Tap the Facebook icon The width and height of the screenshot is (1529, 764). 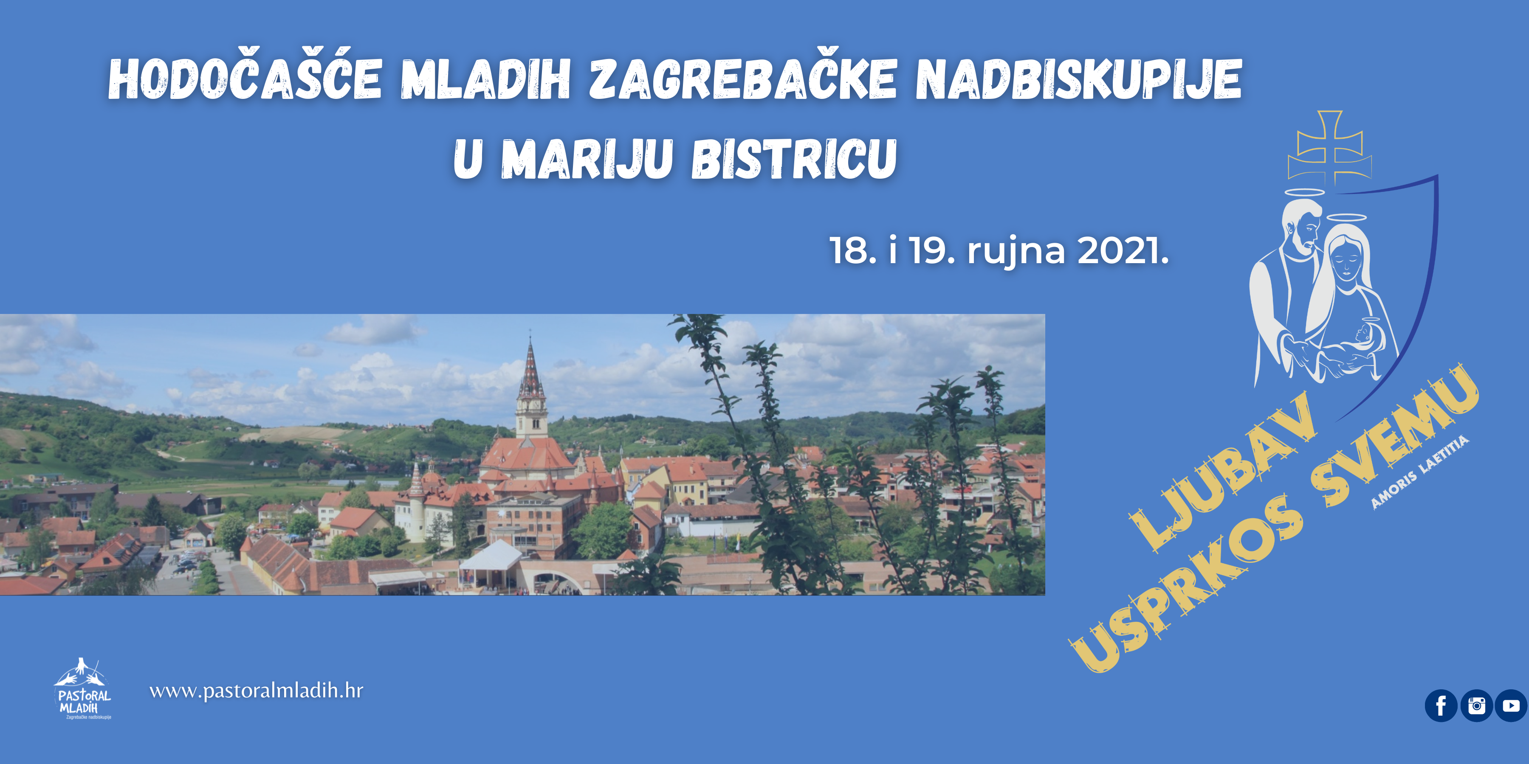[x=1441, y=706]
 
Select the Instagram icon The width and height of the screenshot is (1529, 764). [x=1476, y=706]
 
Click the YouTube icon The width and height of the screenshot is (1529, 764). [x=1511, y=706]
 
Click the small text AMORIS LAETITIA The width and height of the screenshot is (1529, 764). [x=1420, y=472]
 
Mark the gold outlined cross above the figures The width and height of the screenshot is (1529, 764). [x=1329, y=147]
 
